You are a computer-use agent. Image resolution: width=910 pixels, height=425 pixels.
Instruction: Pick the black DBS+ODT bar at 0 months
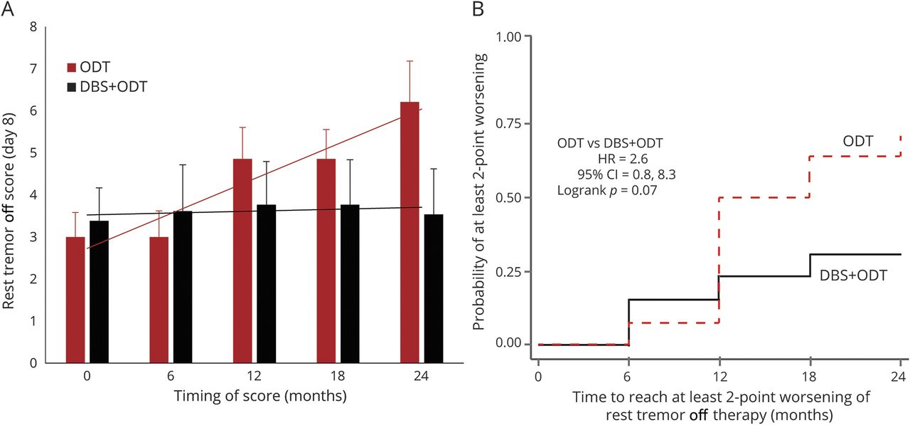point(99,291)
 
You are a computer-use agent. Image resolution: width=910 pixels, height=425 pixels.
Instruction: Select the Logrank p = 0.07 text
point(606,190)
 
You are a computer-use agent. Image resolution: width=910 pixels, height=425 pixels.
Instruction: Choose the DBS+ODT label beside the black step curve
point(854,275)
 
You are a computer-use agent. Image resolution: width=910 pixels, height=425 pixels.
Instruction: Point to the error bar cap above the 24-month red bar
point(409,61)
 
